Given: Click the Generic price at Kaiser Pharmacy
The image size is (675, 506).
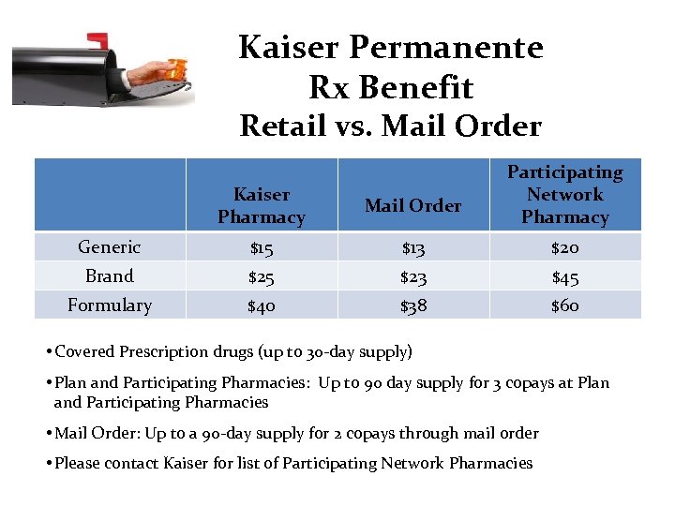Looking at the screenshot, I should [261, 247].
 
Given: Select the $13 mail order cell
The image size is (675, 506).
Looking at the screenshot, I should [412, 247].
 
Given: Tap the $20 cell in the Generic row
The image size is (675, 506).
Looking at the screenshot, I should [564, 247].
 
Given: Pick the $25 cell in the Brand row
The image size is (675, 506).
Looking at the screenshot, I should [261, 276].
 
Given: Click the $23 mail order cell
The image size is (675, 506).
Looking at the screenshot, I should [412, 276].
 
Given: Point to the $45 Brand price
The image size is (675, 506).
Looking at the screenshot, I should [564, 276].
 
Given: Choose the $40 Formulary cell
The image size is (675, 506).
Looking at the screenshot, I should [261, 305].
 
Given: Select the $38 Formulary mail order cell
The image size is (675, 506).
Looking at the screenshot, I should [412, 305].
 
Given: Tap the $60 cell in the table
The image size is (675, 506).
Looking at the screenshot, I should [564, 305].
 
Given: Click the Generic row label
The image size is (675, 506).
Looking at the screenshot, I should [109, 247].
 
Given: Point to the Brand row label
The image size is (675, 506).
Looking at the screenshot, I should [109, 276].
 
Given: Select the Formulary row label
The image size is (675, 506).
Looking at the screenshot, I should [109, 305].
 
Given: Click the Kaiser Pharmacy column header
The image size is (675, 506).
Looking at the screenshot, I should [261, 206].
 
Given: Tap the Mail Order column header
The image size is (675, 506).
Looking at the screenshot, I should [412, 205].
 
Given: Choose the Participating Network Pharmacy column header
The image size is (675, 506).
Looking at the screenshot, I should [564, 195].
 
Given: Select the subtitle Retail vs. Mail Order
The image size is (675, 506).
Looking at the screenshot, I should [390, 126].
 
